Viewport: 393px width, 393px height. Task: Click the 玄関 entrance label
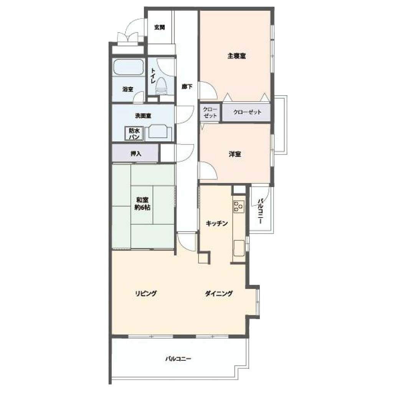point(159,27)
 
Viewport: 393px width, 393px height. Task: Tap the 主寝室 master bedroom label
point(236,56)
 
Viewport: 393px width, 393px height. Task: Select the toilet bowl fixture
point(161,86)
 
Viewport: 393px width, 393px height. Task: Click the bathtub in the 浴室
point(128,67)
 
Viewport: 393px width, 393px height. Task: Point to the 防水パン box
point(134,133)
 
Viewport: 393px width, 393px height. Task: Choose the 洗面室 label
point(143,116)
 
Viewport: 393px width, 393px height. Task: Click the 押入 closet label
point(136,154)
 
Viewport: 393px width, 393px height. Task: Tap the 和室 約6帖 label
point(142,203)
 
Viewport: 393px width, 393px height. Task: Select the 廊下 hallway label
point(187,87)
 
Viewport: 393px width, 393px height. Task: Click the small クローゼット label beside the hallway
point(210,112)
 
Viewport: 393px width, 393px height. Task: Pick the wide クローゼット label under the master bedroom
point(247,112)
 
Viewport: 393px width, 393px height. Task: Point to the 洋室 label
point(235,154)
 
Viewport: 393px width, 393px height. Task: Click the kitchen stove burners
point(239,206)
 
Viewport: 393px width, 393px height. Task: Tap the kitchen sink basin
point(239,248)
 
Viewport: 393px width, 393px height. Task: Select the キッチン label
point(217,223)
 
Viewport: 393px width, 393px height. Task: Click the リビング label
point(146,293)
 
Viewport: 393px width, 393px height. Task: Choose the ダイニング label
point(219,293)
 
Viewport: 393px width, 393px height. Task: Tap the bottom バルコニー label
point(178,359)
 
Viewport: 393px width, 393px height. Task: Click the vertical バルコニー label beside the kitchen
point(261,211)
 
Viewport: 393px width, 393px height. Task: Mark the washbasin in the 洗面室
point(160,131)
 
